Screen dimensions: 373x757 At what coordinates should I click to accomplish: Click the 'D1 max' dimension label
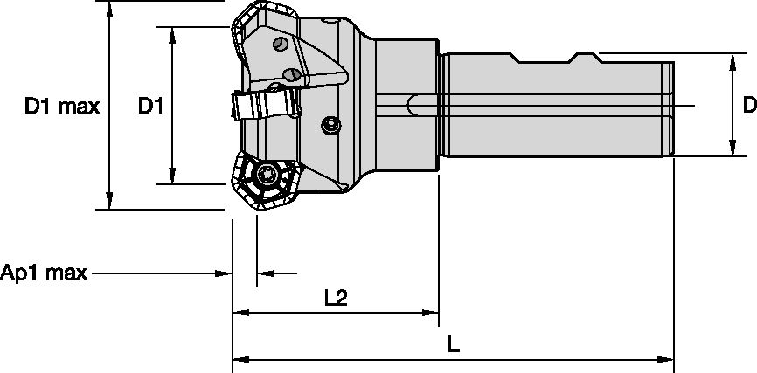tap(61, 107)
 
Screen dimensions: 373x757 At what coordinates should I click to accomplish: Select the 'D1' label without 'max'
tap(151, 107)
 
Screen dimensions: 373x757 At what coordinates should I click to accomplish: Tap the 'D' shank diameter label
tap(748, 106)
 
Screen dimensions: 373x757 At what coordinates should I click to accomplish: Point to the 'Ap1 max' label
tap(44, 273)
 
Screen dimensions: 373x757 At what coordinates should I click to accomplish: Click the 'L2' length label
tap(336, 298)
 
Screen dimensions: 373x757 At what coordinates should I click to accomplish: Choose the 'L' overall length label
tap(453, 345)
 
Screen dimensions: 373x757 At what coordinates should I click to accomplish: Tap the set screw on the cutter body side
tap(330, 126)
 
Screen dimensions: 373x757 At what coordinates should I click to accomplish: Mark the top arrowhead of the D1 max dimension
tap(109, 8)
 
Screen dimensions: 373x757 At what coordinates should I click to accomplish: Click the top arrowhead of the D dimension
tap(731, 60)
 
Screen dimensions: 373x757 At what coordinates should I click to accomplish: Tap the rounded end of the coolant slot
tap(412, 106)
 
